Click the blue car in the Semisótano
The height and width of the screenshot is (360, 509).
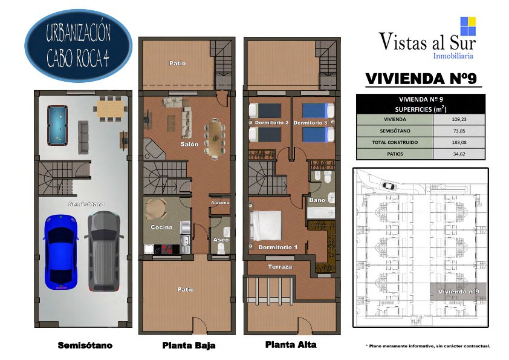[60, 252]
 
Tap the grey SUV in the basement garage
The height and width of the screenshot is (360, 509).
[104, 251]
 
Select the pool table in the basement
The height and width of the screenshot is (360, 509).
[57, 125]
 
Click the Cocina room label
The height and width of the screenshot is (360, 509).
[161, 227]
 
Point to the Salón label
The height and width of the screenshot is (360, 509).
[189, 144]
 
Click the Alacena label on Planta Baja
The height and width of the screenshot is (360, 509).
[220, 203]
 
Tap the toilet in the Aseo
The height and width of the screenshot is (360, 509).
[221, 248]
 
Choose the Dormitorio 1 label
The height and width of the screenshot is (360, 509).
[278, 247]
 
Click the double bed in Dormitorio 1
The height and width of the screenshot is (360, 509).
[265, 226]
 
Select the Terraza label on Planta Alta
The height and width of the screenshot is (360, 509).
[280, 267]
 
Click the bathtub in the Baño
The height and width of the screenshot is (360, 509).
[321, 213]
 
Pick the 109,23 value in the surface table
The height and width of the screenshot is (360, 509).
[459, 119]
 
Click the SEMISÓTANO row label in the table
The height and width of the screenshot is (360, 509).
[395, 131]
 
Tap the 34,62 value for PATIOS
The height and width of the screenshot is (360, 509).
[459, 154]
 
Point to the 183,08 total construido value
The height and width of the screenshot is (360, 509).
[459, 142]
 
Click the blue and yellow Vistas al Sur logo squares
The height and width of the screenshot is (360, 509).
[468, 26]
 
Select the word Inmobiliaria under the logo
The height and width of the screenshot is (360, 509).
[453, 56]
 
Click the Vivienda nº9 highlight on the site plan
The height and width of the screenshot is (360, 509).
[458, 292]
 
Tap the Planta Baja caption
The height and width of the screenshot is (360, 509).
[189, 345]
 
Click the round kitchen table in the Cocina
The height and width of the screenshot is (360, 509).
[156, 208]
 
